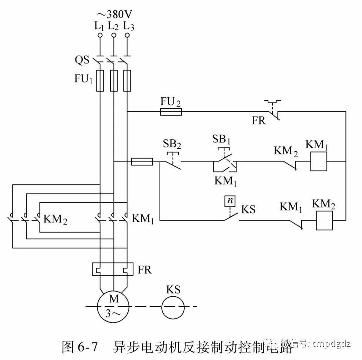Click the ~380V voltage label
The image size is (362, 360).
point(114,14)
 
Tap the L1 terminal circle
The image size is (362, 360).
point(100,36)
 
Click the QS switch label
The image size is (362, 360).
point(82,60)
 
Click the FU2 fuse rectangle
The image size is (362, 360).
point(171,112)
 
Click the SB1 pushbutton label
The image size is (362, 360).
point(221,139)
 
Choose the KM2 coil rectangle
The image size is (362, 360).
point(325,221)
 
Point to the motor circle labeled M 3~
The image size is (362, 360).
point(113,306)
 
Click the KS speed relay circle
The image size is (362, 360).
point(173,306)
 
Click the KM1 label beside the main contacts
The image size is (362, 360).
point(143,219)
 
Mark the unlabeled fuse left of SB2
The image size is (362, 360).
point(142,162)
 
